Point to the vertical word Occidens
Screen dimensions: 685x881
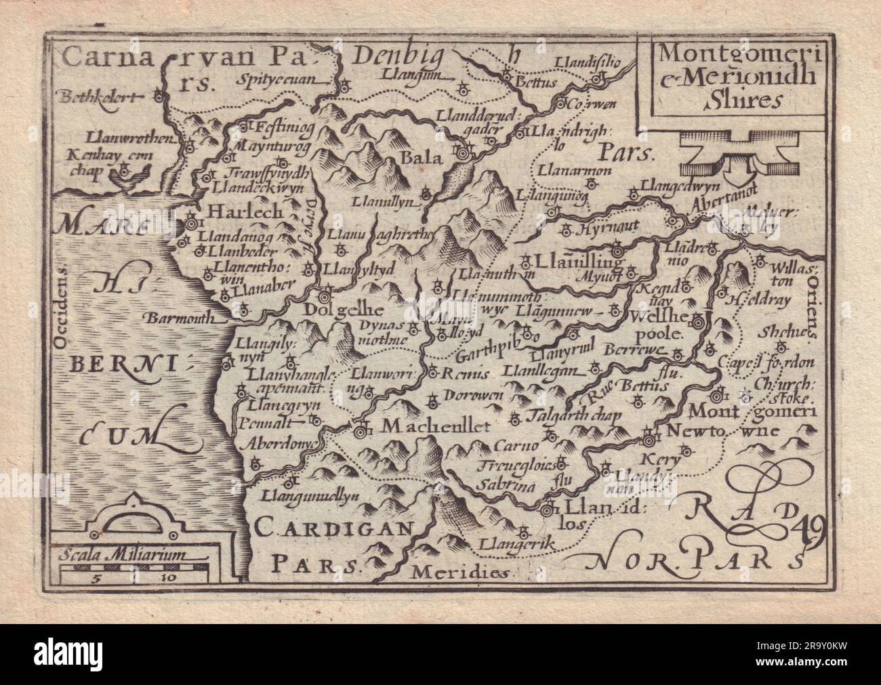click(x=62, y=306)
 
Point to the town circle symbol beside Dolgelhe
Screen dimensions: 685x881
click(x=326, y=296)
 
